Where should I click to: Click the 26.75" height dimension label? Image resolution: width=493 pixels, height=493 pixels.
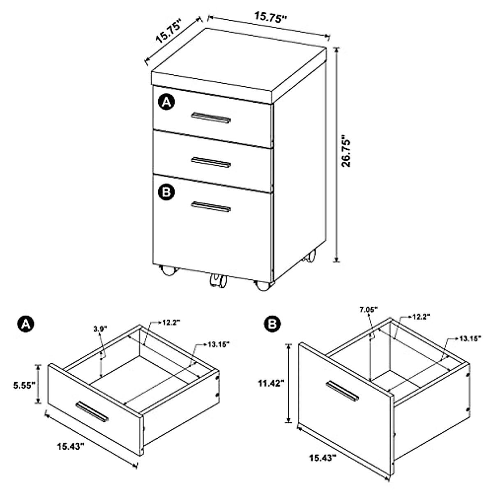pos(348,152)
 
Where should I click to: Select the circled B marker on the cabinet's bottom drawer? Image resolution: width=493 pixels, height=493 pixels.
pos(166,192)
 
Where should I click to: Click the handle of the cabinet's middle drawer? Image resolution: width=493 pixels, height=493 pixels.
pos(211,162)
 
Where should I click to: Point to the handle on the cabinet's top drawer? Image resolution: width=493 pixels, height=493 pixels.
pos(211,118)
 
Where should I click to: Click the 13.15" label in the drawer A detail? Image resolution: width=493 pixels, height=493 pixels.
pos(217,343)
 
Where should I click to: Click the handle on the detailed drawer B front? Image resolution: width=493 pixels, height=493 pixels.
pos(342,391)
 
